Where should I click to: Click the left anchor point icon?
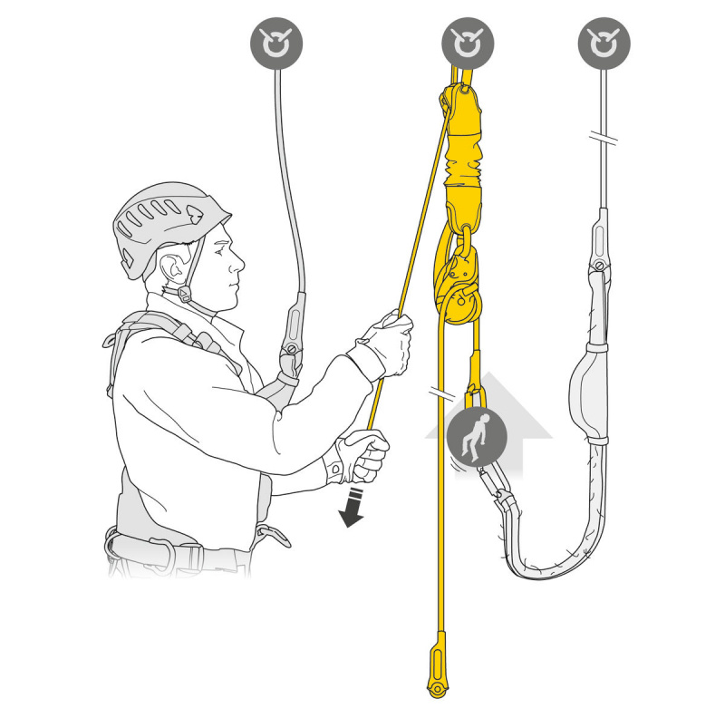[275, 43]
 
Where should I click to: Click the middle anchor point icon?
[468, 43]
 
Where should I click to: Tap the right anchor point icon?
[604, 43]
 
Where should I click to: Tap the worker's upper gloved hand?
[387, 343]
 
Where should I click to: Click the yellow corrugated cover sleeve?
[463, 154]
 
